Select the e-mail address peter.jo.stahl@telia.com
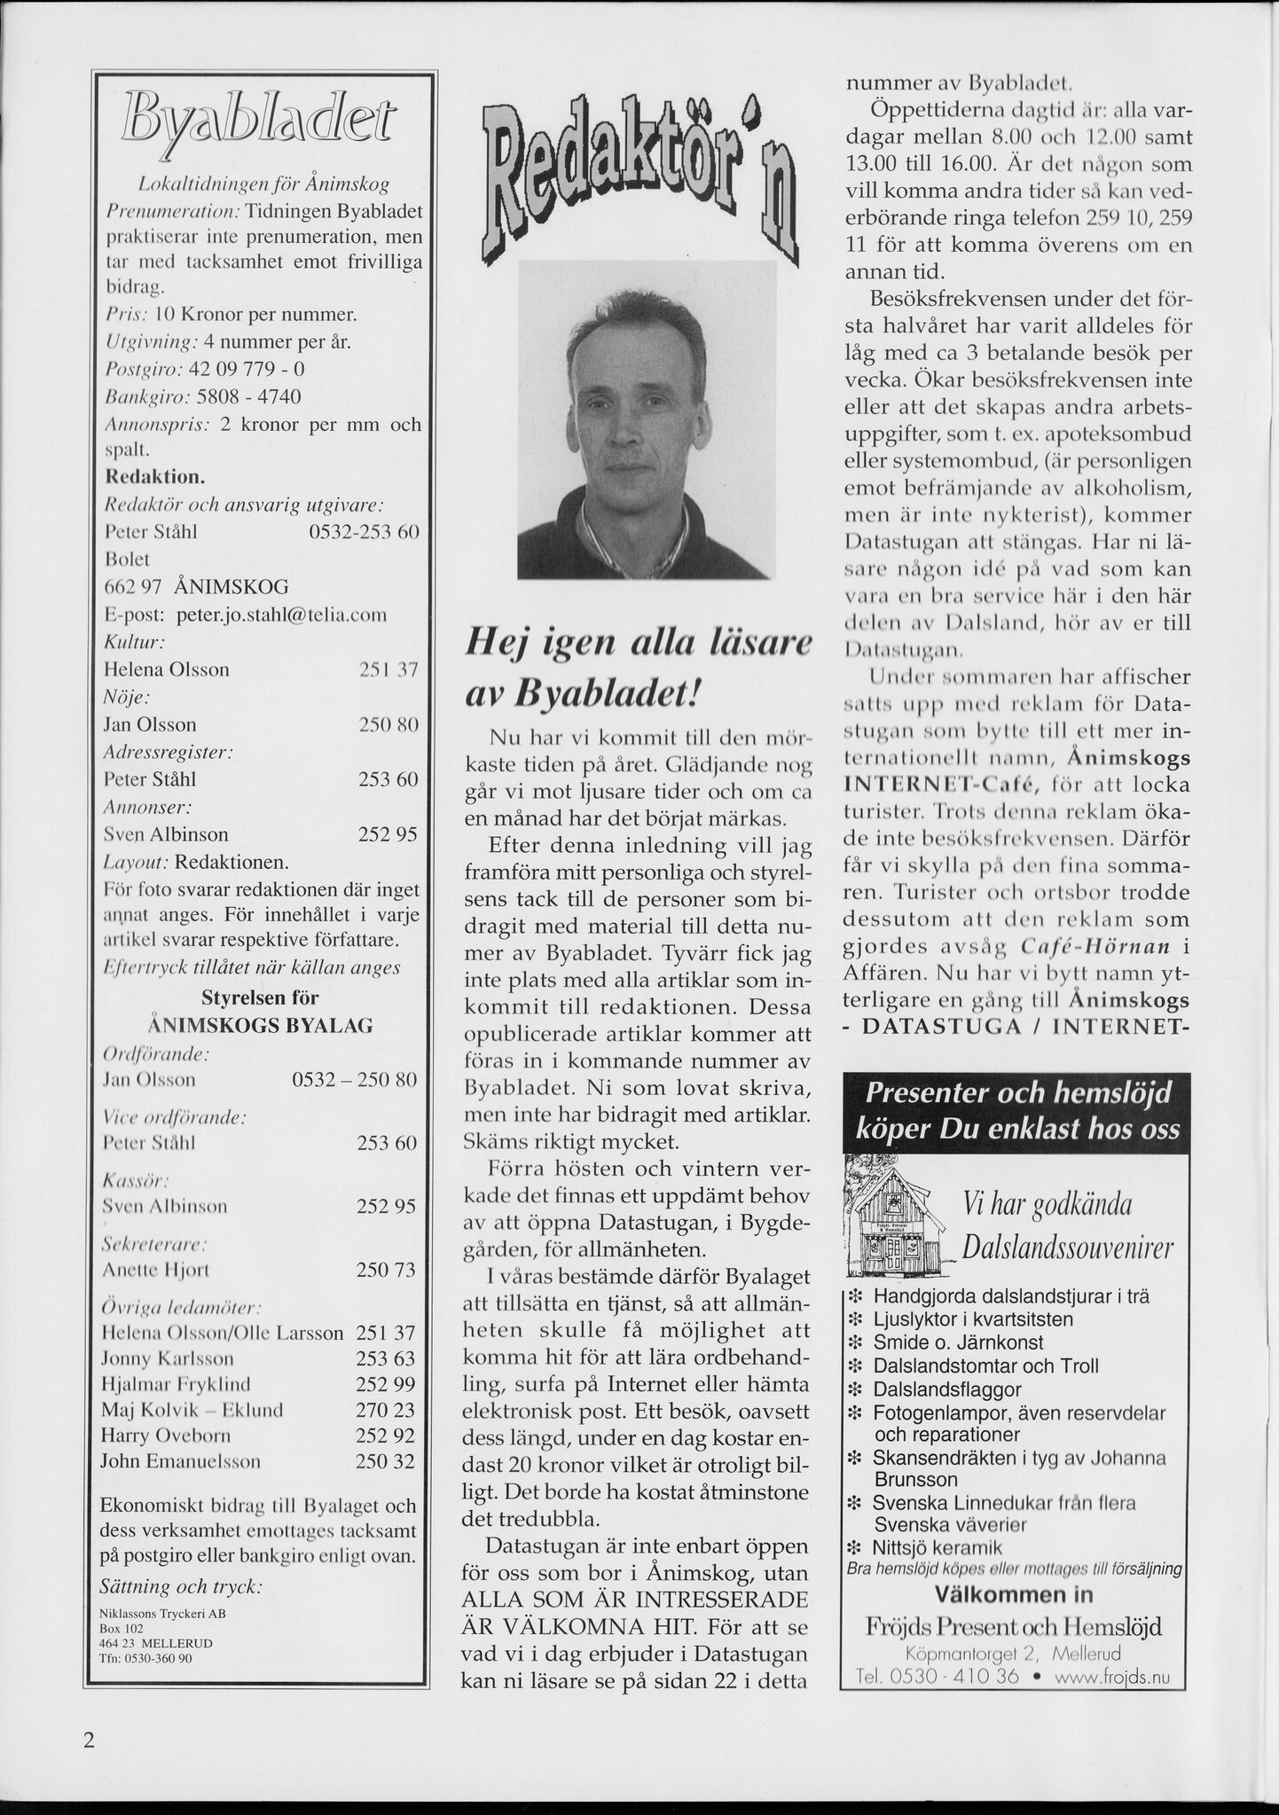point(281,614)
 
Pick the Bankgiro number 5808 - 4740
point(248,395)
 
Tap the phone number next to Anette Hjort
point(386,1270)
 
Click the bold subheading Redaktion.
point(155,476)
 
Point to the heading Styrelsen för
point(260,998)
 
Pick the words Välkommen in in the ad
point(1013,1594)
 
